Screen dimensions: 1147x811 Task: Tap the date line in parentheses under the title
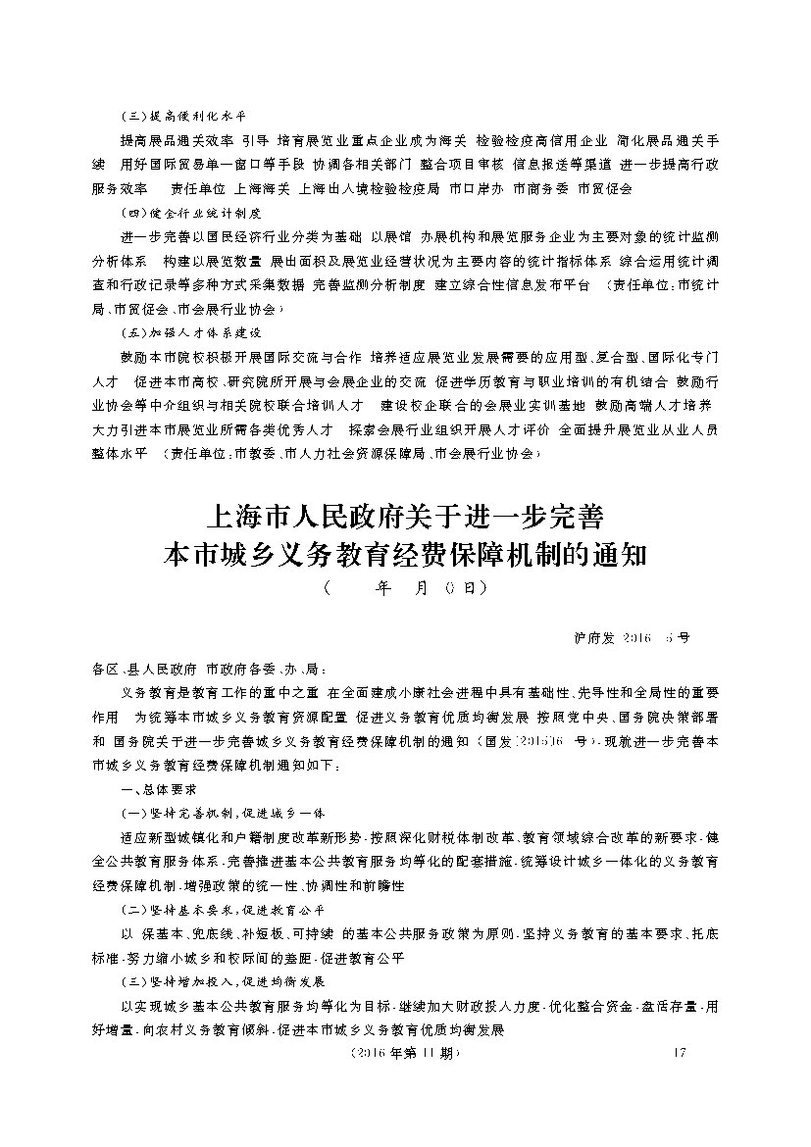[x=405, y=590]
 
